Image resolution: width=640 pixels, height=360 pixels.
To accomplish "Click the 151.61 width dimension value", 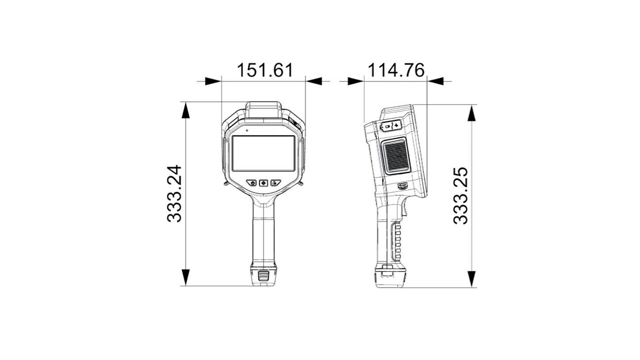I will [264, 70].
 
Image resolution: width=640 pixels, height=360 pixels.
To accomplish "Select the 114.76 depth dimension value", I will [396, 70].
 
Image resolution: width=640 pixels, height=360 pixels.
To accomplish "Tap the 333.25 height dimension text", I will [461, 195].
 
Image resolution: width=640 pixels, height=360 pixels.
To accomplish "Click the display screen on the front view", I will [264, 154].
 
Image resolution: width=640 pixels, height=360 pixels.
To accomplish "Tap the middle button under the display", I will [264, 182].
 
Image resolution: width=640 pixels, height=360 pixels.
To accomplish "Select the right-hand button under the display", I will [276, 182].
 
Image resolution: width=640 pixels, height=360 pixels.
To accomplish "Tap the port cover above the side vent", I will [391, 126].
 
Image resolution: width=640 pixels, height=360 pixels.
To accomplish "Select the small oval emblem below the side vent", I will [403, 186].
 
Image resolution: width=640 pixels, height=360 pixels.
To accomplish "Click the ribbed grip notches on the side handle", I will [398, 241].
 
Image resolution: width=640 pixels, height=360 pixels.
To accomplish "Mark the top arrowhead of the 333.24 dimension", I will [186, 111].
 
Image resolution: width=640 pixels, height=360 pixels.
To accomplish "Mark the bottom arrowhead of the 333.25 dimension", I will [472, 279].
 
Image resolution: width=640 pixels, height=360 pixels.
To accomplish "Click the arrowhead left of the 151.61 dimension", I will [213, 81].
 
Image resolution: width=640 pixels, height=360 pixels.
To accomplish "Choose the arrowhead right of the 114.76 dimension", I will [436, 81].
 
